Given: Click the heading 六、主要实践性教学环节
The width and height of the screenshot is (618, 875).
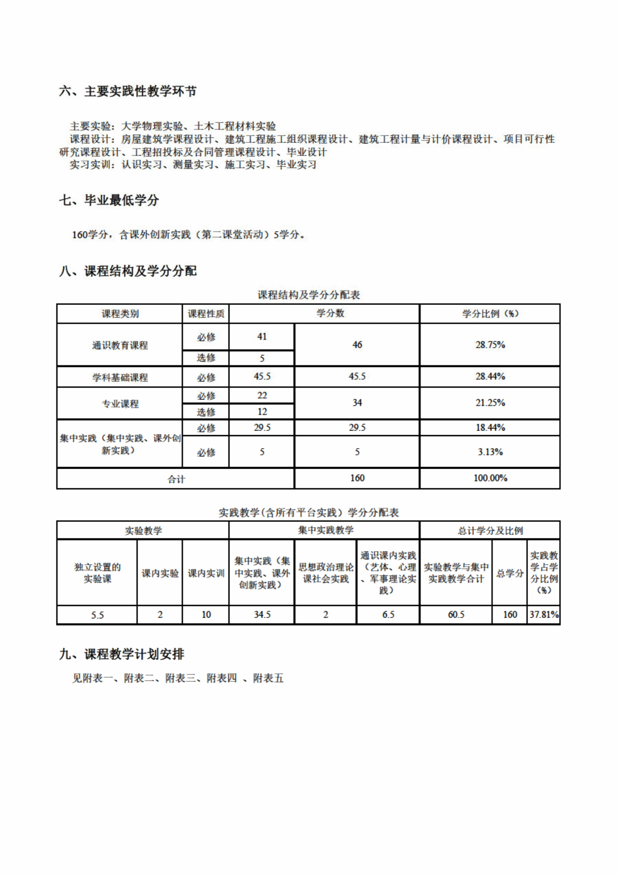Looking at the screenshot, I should [128, 91].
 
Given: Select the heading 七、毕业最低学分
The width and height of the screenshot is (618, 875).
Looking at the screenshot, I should [109, 200].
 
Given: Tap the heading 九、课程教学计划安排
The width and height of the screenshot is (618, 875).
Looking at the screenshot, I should [122, 654].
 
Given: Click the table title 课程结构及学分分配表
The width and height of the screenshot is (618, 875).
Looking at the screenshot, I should [309, 294].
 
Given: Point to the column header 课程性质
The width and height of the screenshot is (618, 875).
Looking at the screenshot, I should [206, 313].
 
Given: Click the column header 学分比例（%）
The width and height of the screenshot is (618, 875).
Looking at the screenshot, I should [490, 313].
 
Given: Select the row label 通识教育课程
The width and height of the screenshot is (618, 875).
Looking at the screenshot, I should [120, 345].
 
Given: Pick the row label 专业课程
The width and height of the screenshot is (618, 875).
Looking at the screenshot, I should [120, 404].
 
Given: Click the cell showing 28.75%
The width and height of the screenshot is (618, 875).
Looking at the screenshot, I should [490, 345].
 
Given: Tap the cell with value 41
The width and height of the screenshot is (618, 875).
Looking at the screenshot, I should [262, 337].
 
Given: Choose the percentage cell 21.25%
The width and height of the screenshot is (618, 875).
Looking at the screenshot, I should [490, 403].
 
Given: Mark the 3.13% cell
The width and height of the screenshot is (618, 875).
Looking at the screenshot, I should [490, 452].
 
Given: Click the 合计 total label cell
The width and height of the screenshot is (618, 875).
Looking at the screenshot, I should [176, 479].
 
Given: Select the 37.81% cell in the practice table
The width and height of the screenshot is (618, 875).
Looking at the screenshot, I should [544, 614].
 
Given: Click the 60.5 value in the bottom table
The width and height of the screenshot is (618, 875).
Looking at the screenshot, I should [456, 614].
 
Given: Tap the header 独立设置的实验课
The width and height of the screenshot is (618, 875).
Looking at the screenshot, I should [97, 573].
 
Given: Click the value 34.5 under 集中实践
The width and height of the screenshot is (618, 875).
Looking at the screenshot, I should [262, 614].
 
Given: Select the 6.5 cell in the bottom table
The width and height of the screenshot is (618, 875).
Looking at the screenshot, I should [388, 614].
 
